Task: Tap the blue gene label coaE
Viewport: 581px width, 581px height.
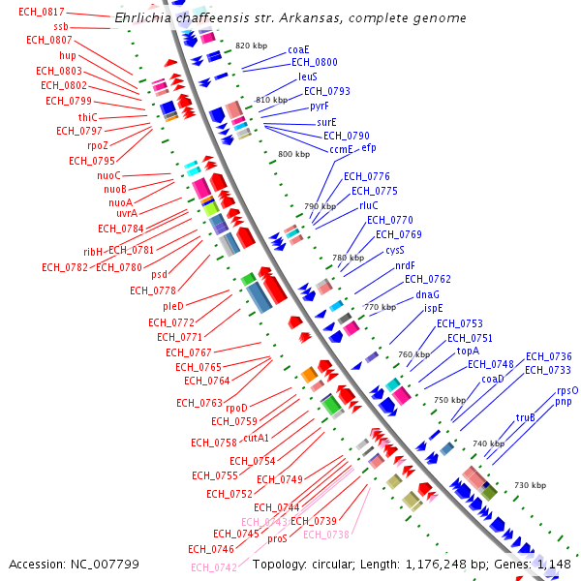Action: tap(298, 49)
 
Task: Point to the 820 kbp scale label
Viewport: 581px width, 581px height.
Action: tap(250, 46)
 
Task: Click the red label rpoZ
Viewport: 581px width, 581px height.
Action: tap(99, 145)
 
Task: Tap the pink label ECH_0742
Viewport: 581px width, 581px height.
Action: tap(213, 567)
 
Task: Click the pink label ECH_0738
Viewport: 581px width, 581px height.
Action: tap(325, 535)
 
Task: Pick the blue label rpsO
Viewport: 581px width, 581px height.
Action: tap(567, 390)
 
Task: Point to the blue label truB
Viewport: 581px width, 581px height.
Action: tap(525, 417)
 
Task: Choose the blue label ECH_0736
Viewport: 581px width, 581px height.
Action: tap(548, 356)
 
